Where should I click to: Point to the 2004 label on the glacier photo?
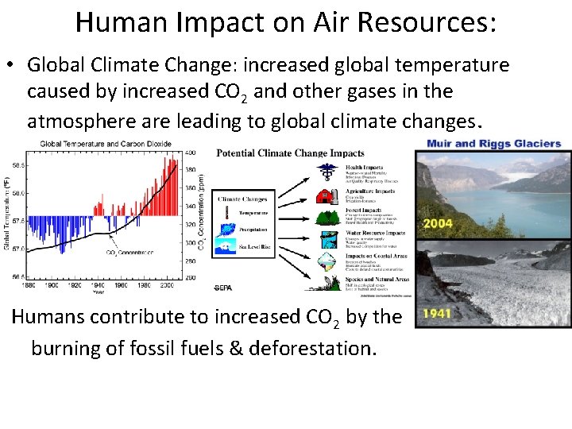pos(439,223)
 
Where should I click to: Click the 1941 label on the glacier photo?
pos(437,313)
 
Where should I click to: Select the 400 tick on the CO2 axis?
pos(191,153)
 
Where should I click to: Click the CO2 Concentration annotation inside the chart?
pos(129,253)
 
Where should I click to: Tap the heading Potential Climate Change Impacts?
pos(290,153)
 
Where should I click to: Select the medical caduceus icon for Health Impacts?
pos(326,172)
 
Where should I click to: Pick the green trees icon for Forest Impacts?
pos(326,216)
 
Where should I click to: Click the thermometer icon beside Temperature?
pos(226,213)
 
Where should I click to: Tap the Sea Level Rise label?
pos(253,247)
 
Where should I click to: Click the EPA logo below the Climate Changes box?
pos(223,287)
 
